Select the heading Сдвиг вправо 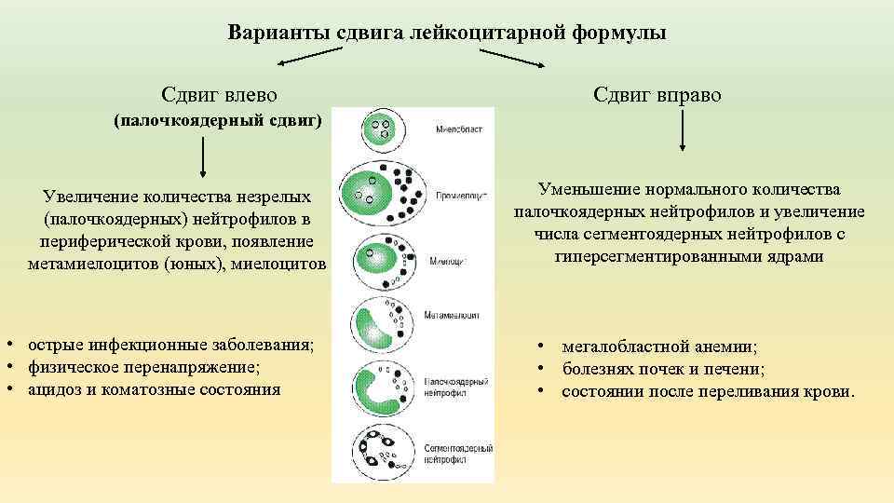(656, 95)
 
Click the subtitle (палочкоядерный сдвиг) (217, 121)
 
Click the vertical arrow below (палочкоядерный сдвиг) (204, 158)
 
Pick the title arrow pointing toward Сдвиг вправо (513, 58)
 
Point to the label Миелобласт (458, 131)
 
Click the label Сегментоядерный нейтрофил (458, 455)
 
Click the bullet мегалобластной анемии (659, 347)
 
